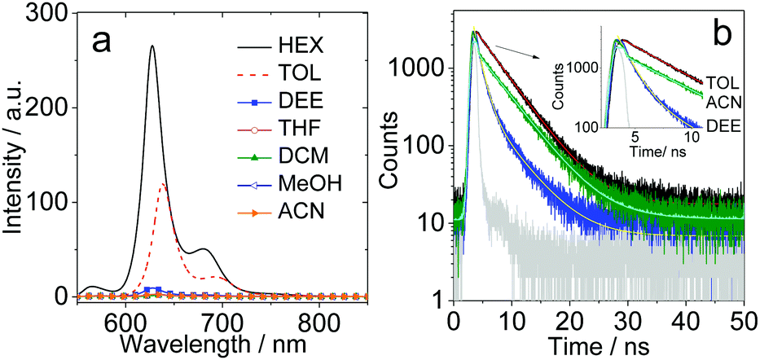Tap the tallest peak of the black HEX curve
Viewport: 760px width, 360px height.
pos(152,46)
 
